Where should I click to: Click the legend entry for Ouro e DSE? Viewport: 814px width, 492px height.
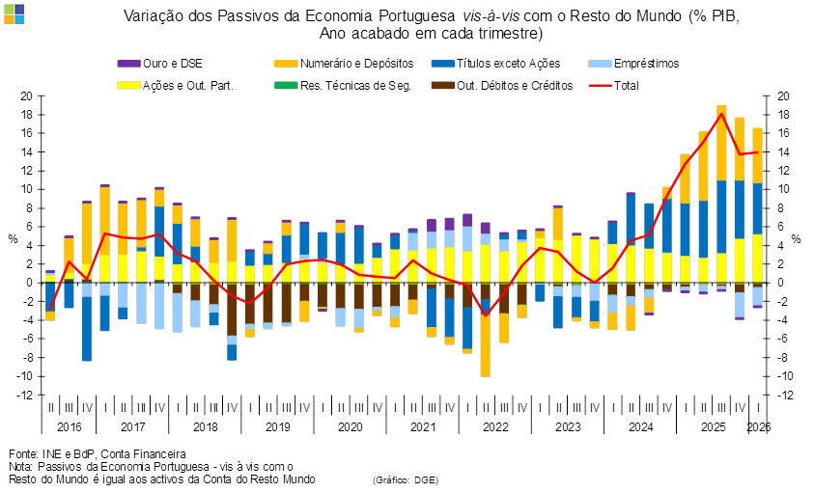(x=160, y=64)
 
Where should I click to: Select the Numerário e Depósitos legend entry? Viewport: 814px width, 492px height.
(x=344, y=64)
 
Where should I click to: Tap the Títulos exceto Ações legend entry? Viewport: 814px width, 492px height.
(x=496, y=64)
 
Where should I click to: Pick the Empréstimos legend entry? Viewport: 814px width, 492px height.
(x=633, y=64)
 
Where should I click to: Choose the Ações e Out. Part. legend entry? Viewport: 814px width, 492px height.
(x=176, y=86)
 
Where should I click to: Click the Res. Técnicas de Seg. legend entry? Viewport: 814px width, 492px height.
(x=343, y=86)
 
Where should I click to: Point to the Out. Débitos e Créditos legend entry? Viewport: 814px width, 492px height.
(x=502, y=86)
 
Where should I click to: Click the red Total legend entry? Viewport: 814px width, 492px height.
(x=614, y=86)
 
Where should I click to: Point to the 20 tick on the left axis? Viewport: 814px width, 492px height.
(x=26, y=96)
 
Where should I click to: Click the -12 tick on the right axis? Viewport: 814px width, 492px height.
(x=785, y=396)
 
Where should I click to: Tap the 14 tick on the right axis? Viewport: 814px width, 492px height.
(x=783, y=152)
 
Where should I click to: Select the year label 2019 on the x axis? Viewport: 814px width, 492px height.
(x=278, y=427)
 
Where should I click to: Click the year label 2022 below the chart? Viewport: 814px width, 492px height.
(x=495, y=427)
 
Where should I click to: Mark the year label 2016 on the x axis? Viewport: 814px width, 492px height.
(x=70, y=427)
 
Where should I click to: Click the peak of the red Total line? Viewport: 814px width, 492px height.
(x=721, y=113)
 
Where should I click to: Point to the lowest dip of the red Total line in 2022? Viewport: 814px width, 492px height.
(x=486, y=315)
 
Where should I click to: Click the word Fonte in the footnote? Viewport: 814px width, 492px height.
(x=21, y=454)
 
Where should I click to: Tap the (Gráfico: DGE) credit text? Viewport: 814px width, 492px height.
(x=406, y=480)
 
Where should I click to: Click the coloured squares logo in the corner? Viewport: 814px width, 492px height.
(x=14, y=14)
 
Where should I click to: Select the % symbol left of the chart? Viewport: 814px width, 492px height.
(x=13, y=239)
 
